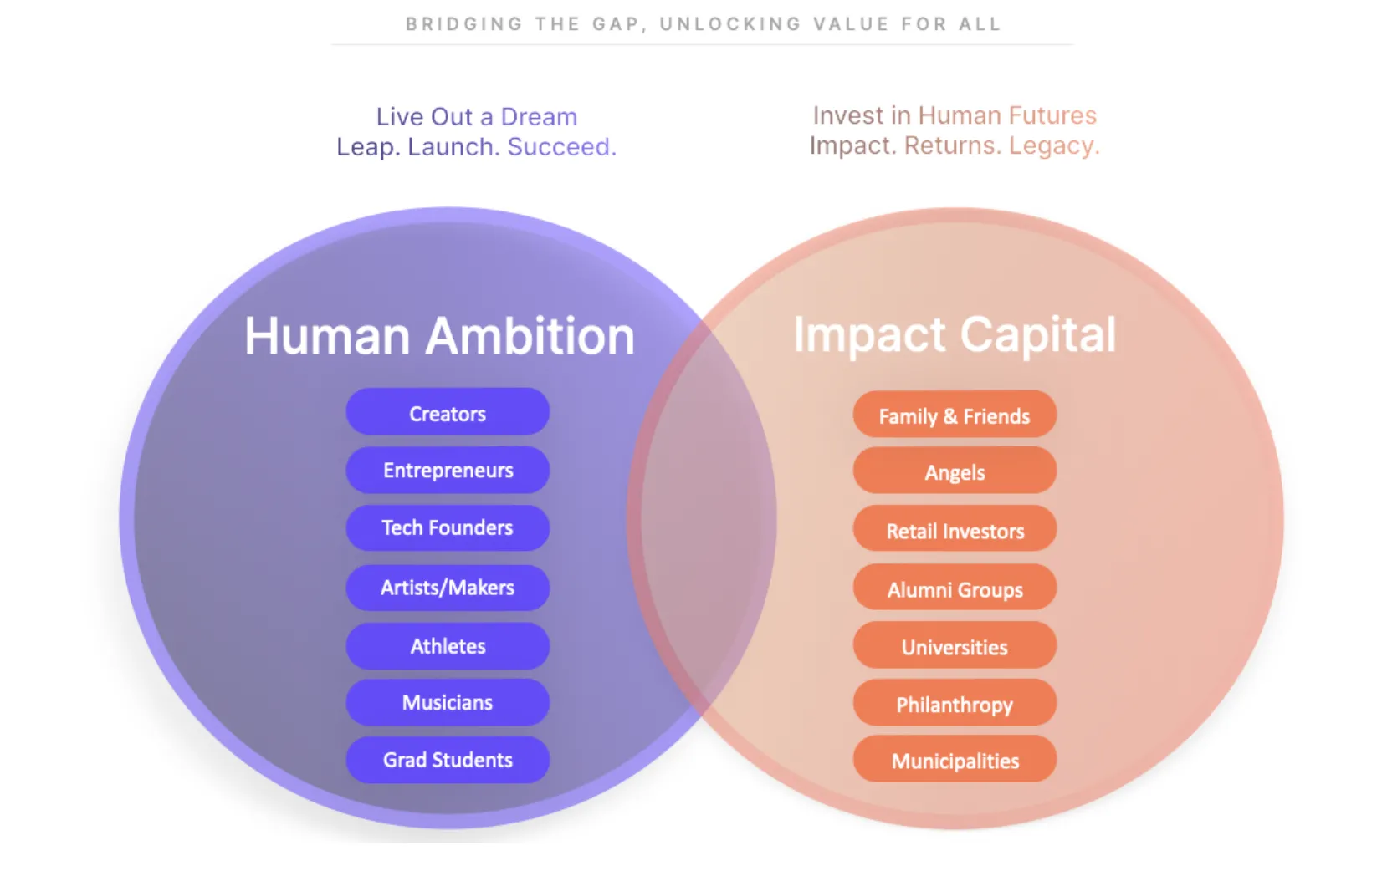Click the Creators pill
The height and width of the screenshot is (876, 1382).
(448, 412)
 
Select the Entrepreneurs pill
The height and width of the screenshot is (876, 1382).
(448, 470)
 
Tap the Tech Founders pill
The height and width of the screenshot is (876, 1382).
(448, 527)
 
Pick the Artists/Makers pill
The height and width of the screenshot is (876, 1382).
(448, 588)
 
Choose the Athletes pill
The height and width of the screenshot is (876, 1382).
(448, 645)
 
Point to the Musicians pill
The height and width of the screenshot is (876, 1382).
(448, 702)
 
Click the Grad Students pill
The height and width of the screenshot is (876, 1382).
(448, 760)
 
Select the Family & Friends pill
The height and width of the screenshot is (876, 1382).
(955, 415)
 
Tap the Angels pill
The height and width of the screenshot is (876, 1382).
(955, 471)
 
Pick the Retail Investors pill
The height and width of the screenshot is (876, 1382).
(955, 528)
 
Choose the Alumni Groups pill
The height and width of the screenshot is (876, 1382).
(955, 587)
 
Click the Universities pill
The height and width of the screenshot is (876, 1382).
(955, 644)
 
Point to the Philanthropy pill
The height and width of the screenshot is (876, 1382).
(955, 702)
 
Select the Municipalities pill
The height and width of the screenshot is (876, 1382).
(955, 759)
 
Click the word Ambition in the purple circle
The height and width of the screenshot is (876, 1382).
(530, 336)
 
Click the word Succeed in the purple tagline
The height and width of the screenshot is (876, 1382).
(561, 147)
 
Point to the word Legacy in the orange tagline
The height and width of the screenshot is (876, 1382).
(1054, 145)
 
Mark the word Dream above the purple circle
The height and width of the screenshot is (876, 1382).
(539, 116)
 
